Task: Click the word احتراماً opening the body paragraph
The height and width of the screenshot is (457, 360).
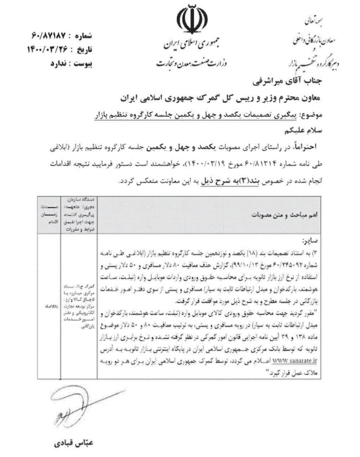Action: [x=308, y=147]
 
